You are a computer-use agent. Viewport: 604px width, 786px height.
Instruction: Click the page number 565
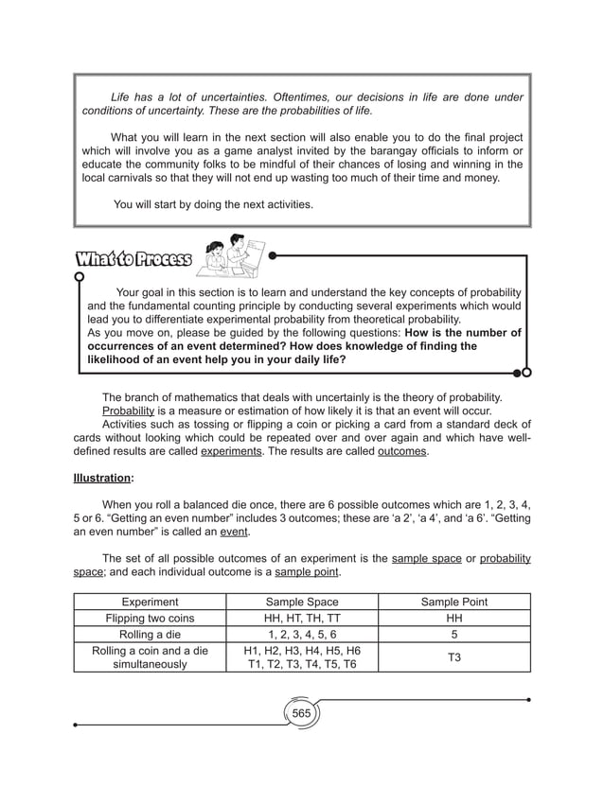[301, 711]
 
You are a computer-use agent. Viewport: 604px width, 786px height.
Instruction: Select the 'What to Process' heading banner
[133, 259]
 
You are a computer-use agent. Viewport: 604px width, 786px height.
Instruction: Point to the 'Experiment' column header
[150, 602]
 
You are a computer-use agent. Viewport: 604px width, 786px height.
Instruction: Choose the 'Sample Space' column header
[302, 602]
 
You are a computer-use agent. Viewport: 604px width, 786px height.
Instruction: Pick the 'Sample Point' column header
[453, 602]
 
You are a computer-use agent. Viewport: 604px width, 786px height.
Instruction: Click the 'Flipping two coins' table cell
[150, 618]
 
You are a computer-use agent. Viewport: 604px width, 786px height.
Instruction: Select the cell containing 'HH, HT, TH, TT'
[302, 618]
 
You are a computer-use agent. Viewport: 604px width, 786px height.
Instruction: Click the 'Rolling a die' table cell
[150, 634]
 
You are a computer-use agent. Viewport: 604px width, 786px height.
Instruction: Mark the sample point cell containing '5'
[453, 634]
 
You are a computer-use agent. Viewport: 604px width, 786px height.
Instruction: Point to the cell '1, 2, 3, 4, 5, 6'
[302, 634]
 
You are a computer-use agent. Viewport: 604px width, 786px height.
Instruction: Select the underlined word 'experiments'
[231, 452]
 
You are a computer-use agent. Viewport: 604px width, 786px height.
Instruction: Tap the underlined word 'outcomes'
[402, 452]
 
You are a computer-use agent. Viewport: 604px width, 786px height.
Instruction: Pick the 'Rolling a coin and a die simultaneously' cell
[150, 657]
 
